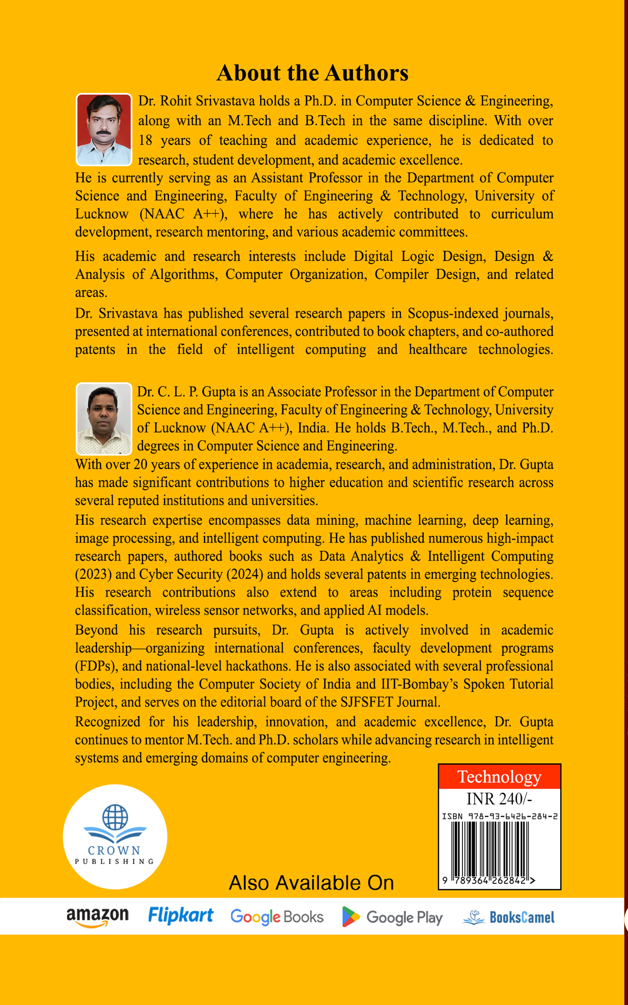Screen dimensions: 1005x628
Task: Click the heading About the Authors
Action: coord(312,73)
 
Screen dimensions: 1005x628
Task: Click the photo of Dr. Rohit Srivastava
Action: coord(104,129)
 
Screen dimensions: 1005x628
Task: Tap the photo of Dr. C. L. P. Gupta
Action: coord(104,419)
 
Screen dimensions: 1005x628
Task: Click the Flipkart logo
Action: coord(181,916)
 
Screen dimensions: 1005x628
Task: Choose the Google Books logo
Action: coord(277,916)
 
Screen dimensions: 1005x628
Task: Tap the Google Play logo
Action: coord(392,917)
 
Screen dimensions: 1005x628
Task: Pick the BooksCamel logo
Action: coord(508,917)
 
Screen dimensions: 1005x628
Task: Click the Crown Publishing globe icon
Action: coord(115,817)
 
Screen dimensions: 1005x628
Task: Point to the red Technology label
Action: coord(499,776)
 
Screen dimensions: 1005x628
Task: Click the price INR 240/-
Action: coord(499,799)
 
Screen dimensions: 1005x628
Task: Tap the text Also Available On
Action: coord(311,882)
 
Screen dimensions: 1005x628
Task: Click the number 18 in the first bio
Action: coord(145,140)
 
